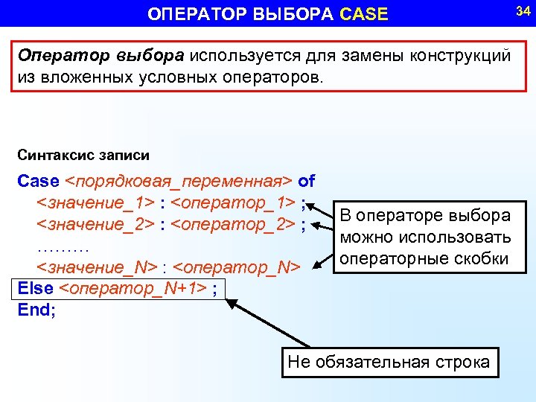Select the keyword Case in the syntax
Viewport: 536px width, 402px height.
tap(38, 181)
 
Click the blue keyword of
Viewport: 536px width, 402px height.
tap(306, 181)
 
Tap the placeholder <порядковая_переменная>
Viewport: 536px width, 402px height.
tap(180, 181)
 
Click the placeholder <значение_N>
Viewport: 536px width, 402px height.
tap(97, 267)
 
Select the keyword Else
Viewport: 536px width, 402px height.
tap(35, 288)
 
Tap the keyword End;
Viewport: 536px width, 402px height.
tap(36, 310)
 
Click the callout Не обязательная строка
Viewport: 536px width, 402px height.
tap(389, 363)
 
